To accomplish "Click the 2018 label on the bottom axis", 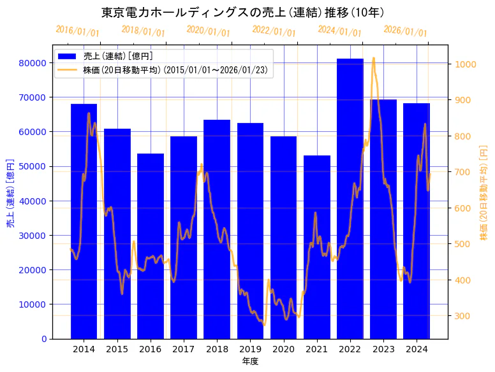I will tap(217, 349).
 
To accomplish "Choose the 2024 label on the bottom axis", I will tap(417, 349).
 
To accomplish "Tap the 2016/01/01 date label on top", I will tap(77, 31).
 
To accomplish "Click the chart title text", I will tap(242, 13).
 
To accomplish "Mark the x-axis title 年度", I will tap(250, 362).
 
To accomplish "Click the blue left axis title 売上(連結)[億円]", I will tap(10, 194).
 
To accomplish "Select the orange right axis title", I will tap(484, 194).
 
